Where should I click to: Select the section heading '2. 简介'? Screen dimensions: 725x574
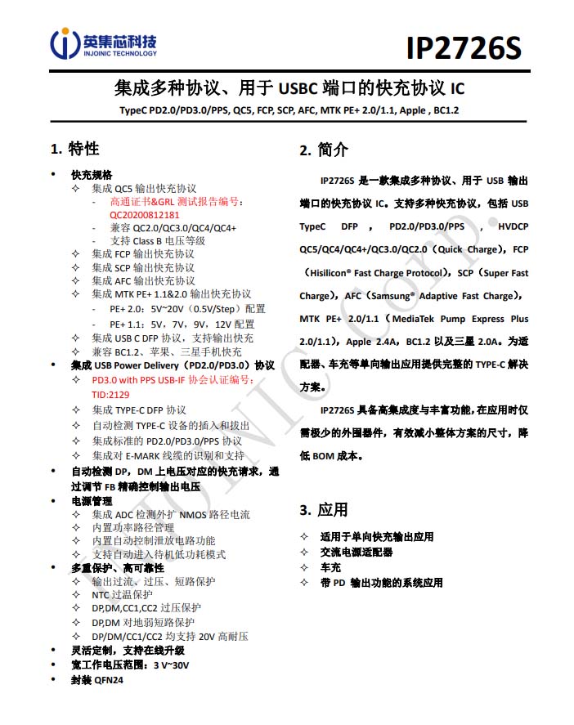[x=324, y=150]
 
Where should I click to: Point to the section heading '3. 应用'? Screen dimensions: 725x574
[x=324, y=510]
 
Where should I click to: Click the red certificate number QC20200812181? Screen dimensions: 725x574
[x=145, y=215]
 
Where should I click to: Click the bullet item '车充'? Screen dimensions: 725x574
[x=330, y=567]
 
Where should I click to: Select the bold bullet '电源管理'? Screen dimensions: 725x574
[x=92, y=501]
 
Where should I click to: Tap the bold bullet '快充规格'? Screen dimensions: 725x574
[x=92, y=175]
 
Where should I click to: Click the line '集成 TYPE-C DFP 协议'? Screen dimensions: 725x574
[x=139, y=410]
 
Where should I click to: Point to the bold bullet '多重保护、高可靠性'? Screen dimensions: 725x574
[x=118, y=568]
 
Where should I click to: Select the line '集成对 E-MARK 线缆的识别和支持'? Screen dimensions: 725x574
[x=168, y=455]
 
